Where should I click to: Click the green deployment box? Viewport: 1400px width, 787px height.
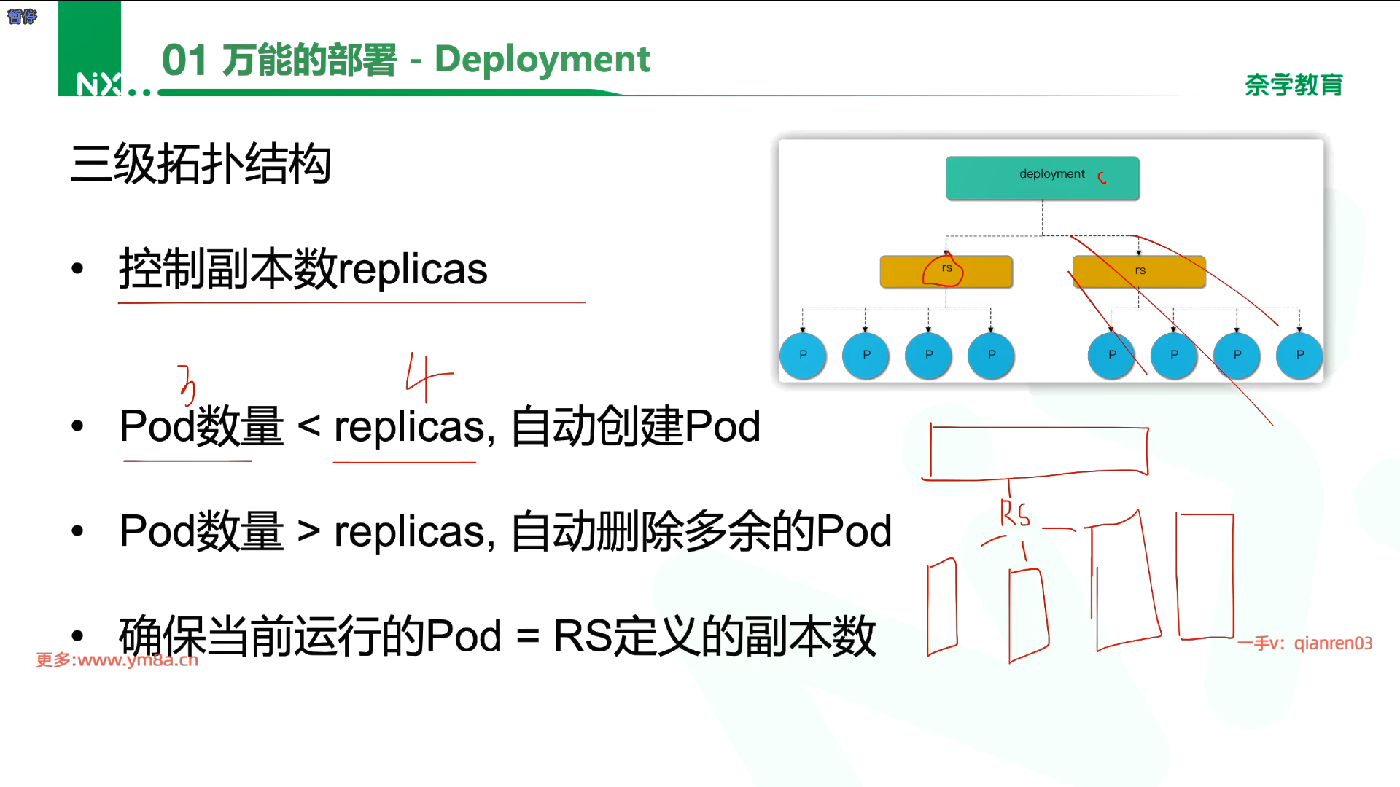1042,177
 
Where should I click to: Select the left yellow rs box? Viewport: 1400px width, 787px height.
946,271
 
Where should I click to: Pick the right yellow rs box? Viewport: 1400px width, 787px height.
1138,271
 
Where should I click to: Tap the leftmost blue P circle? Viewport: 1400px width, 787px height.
803,355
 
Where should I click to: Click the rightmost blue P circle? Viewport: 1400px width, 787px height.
1299,355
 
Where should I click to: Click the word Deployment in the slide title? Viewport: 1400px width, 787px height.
542,59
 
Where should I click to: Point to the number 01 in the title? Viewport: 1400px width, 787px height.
184,60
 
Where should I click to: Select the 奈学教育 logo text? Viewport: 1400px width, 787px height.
1294,85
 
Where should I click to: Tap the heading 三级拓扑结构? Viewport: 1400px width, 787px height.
201,163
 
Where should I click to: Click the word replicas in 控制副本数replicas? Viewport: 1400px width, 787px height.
412,269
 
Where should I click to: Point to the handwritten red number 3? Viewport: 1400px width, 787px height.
187,384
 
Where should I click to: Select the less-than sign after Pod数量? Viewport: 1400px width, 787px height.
308,426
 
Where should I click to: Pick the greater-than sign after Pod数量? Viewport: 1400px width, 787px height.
308,530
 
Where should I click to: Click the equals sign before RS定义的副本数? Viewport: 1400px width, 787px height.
527,635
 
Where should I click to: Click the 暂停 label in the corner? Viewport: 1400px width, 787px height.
21,16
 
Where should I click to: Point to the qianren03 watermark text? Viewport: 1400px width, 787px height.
1333,643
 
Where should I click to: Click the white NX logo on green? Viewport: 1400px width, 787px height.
98,85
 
